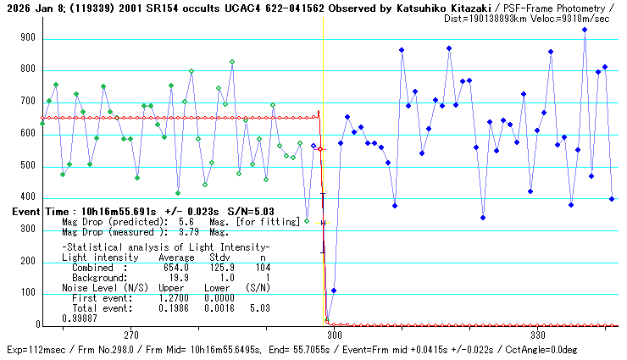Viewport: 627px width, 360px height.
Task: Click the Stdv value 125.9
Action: point(221,267)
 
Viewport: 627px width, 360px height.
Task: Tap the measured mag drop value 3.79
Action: point(185,231)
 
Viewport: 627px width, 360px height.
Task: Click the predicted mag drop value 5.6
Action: point(185,222)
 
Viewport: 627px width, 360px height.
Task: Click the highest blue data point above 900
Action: point(585,30)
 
